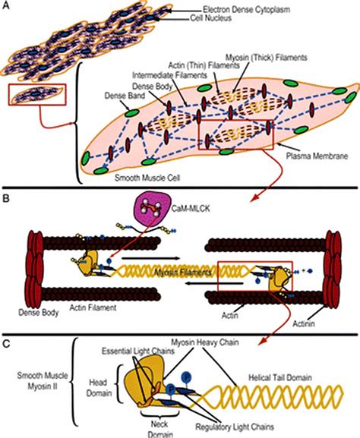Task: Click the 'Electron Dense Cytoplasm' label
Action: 246,10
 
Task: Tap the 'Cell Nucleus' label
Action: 211,18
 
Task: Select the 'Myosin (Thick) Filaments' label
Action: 267,58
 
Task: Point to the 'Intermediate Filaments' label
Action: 169,75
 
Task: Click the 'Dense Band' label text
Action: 125,96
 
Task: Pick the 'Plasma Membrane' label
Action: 317,156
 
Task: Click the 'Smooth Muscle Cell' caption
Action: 147,178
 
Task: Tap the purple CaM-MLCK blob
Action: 153,206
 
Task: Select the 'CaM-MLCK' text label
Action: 191,209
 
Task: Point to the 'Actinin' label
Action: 304,323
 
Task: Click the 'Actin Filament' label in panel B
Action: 93,307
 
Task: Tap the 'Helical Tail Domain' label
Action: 280,378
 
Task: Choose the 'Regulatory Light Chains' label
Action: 235,427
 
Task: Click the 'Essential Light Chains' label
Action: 138,351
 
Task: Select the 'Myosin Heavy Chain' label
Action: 205,342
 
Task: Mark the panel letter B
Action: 5,198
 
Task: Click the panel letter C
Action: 6,344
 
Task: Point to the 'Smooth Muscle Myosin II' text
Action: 43,381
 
